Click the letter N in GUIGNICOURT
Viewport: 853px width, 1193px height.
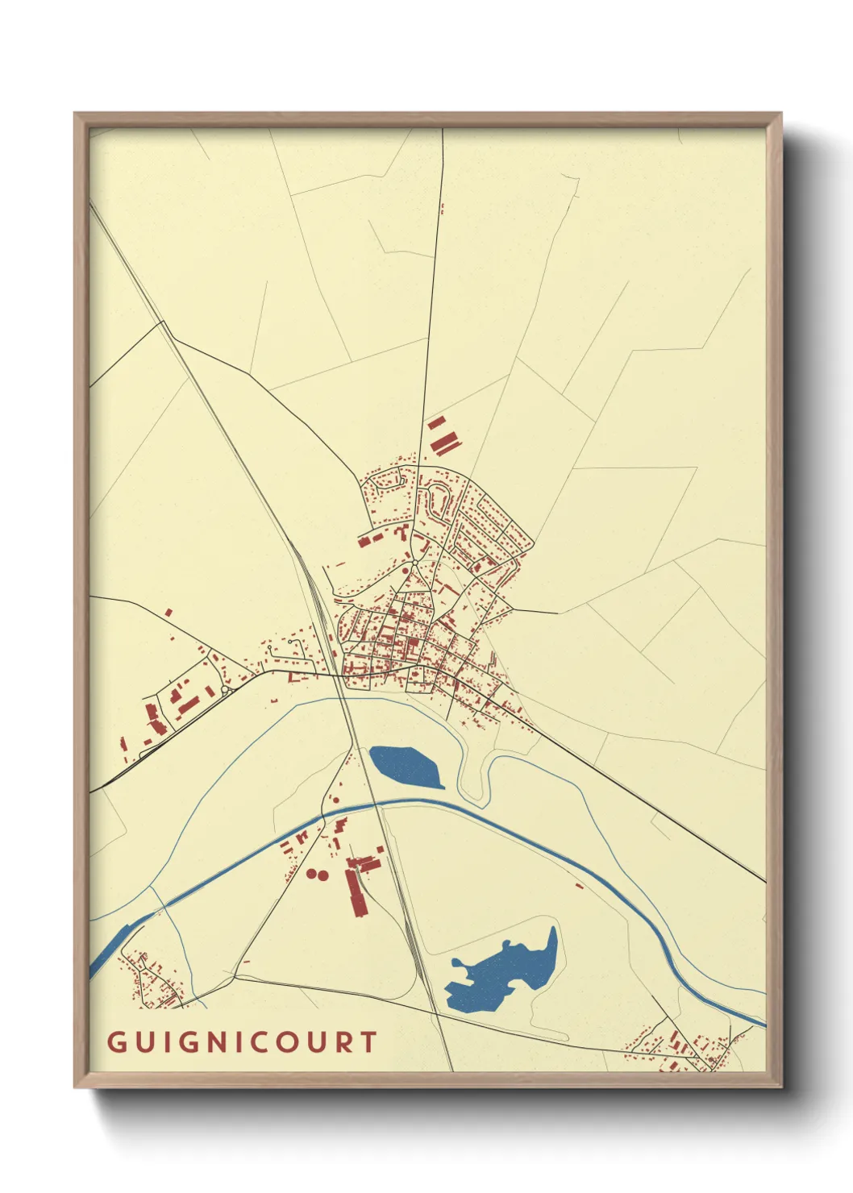pyautogui.click(x=214, y=1042)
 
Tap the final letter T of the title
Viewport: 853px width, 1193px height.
pyautogui.click(x=368, y=1042)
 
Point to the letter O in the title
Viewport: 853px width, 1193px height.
pyautogui.click(x=285, y=1042)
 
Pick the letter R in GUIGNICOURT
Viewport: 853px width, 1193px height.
pyautogui.click(x=343, y=1042)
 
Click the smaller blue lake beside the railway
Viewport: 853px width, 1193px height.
pyautogui.click(x=405, y=767)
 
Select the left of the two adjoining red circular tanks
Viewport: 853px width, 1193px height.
pyautogui.click(x=312, y=873)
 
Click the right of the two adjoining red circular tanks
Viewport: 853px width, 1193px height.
pyautogui.click(x=323, y=875)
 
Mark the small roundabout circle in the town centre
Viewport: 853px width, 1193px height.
pyautogui.click(x=414, y=562)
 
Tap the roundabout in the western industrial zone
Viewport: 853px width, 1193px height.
pyautogui.click(x=225, y=691)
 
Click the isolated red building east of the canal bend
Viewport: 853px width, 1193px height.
pyautogui.click(x=579, y=885)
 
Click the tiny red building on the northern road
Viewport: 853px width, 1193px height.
pyautogui.click(x=442, y=208)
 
